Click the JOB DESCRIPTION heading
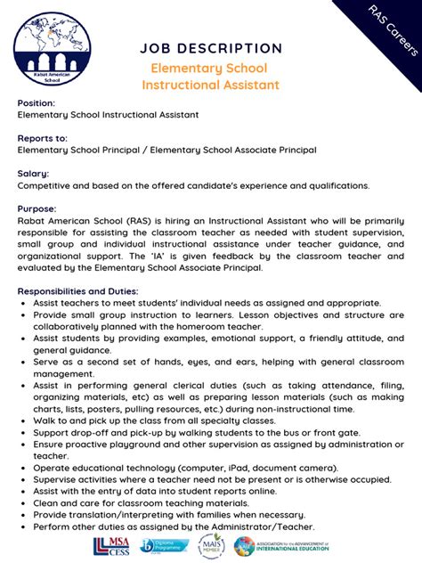pyautogui.click(x=211, y=48)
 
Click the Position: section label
pyautogui.click(x=37, y=103)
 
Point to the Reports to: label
pyautogui.click(x=43, y=138)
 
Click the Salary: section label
pyautogui.click(x=33, y=173)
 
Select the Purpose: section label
pyautogui.click(x=37, y=208)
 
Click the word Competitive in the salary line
pyautogui.click(x=46, y=185)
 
